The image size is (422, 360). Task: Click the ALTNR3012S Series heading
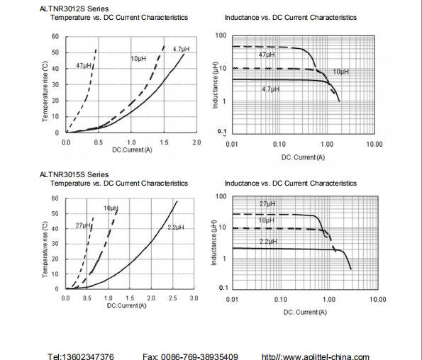(x=74, y=9)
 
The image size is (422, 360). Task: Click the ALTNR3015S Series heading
(x=74, y=174)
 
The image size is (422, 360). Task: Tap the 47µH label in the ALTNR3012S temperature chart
(x=84, y=65)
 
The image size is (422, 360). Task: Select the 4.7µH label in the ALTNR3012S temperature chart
(x=181, y=49)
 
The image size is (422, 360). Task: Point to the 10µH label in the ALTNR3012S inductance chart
(x=340, y=72)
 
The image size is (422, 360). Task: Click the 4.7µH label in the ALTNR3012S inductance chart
(x=270, y=89)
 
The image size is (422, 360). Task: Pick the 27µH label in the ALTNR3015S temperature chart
(x=83, y=225)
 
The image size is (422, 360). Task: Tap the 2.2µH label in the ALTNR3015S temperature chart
(x=176, y=227)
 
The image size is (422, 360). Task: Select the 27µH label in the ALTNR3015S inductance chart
(x=267, y=204)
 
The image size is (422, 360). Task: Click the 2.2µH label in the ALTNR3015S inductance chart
(x=268, y=242)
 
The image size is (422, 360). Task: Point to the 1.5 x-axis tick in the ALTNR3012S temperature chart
(x=164, y=142)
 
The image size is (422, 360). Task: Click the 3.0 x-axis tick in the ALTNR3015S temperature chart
(x=194, y=298)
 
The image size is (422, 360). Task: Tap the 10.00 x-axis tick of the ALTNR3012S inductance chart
(x=374, y=145)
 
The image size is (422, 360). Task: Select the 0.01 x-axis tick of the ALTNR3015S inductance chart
(x=232, y=299)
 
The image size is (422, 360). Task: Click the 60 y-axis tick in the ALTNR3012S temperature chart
(x=55, y=36)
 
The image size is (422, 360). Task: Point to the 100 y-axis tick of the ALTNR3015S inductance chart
(x=221, y=196)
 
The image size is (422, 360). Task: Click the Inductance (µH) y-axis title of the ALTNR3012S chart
(x=215, y=85)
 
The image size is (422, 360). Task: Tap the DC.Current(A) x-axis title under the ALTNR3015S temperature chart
(x=126, y=305)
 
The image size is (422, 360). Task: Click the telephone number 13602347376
(x=88, y=356)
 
